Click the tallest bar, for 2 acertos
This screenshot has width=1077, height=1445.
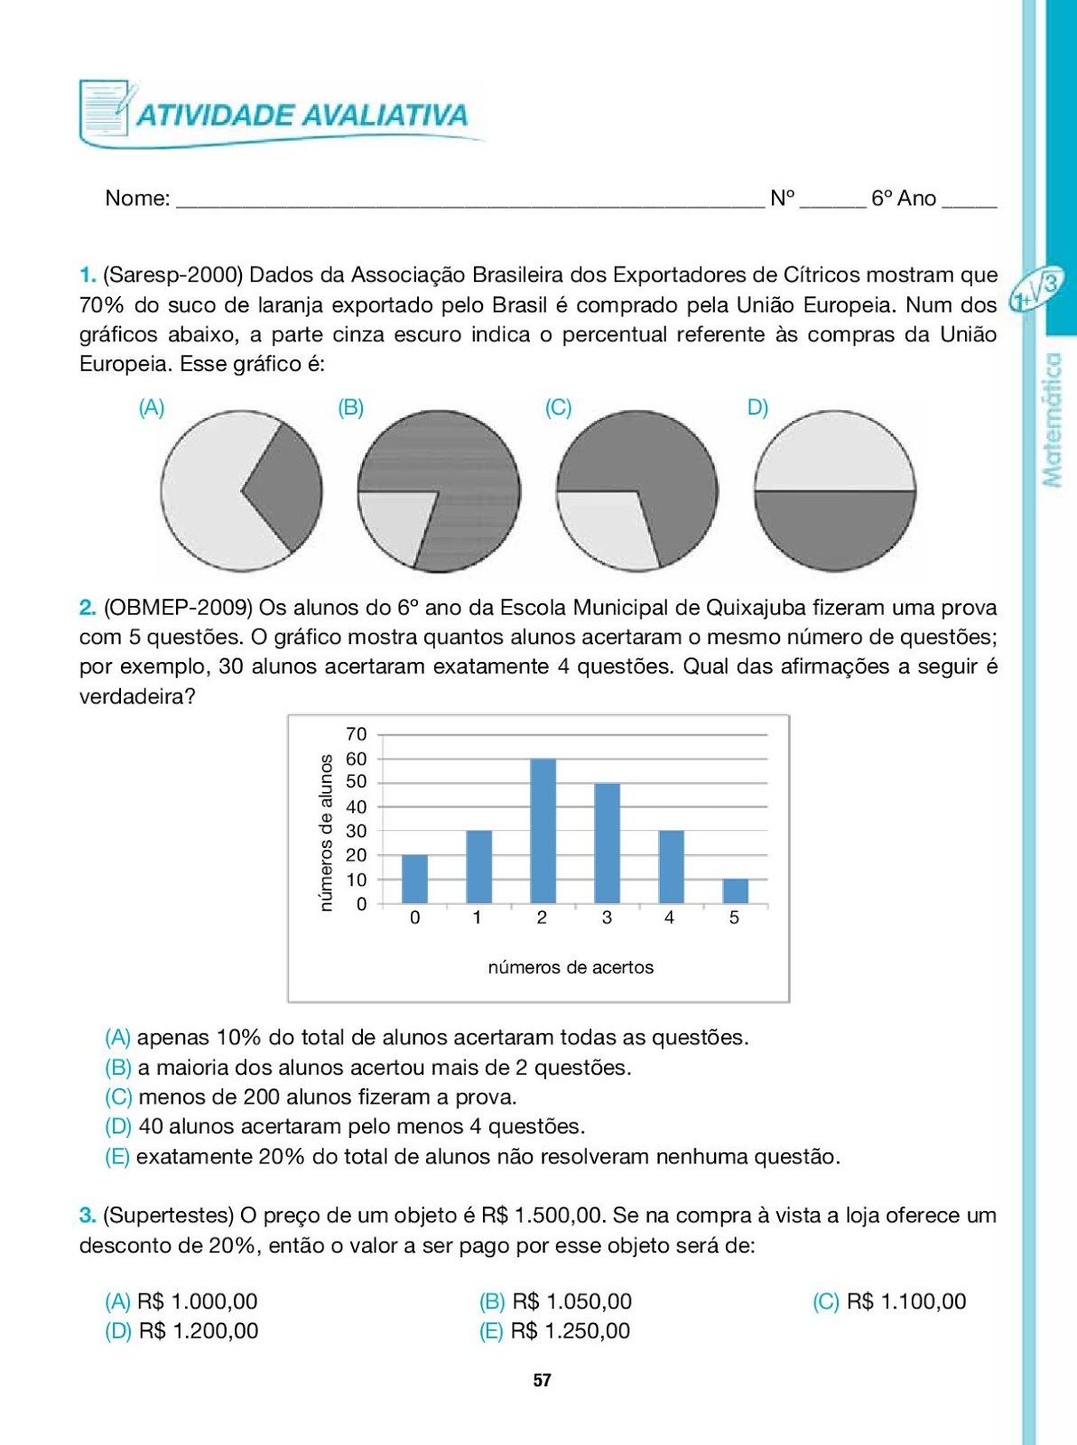543,831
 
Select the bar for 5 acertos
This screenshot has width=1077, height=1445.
736,890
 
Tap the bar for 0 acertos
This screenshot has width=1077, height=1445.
414,879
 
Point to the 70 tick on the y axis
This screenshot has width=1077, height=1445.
357,734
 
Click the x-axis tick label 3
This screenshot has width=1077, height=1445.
607,918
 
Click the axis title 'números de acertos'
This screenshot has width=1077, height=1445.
571,967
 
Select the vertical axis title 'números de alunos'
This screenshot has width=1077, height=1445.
327,833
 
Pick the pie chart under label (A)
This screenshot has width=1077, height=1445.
241,491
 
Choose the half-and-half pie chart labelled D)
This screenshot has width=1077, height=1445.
835,491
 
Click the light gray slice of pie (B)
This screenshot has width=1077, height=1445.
394,525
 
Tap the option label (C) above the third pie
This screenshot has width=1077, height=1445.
558,407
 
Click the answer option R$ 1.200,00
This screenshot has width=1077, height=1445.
198,1331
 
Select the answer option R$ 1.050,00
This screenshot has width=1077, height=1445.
571,1301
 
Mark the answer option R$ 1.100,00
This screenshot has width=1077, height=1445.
905,1301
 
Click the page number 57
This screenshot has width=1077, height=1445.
542,1380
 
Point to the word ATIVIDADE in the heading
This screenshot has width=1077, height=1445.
216,116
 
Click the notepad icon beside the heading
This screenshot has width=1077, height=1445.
104,109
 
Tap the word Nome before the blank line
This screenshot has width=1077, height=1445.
137,198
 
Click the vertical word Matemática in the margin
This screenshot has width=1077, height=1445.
1052,420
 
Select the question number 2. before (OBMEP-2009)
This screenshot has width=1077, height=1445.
88,607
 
